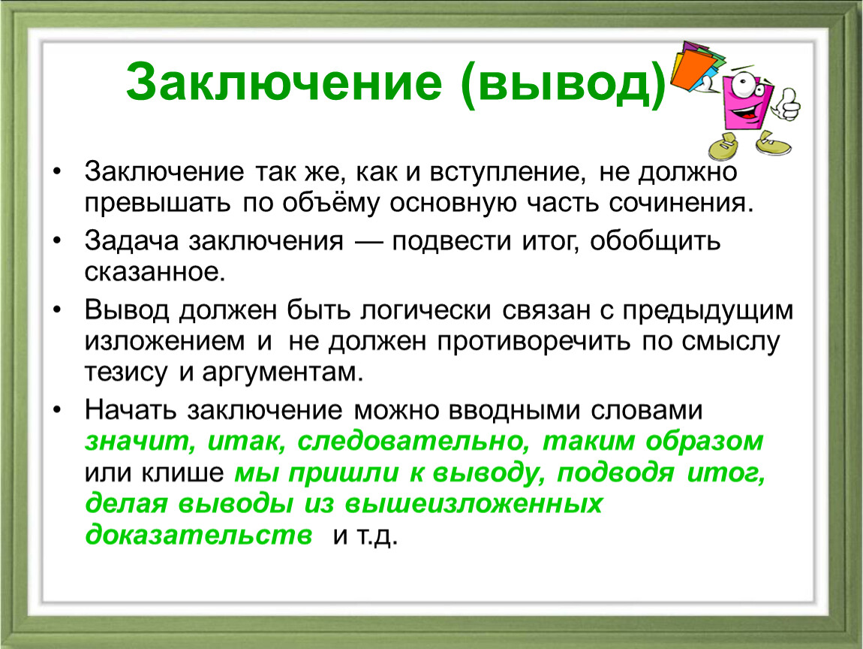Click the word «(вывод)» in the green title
564,83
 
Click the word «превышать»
158,203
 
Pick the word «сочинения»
681,203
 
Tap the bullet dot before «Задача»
58,240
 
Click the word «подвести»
451,241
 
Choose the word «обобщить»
655,241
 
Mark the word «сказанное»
155,272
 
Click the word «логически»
426,310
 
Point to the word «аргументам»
282,373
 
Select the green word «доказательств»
199,535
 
